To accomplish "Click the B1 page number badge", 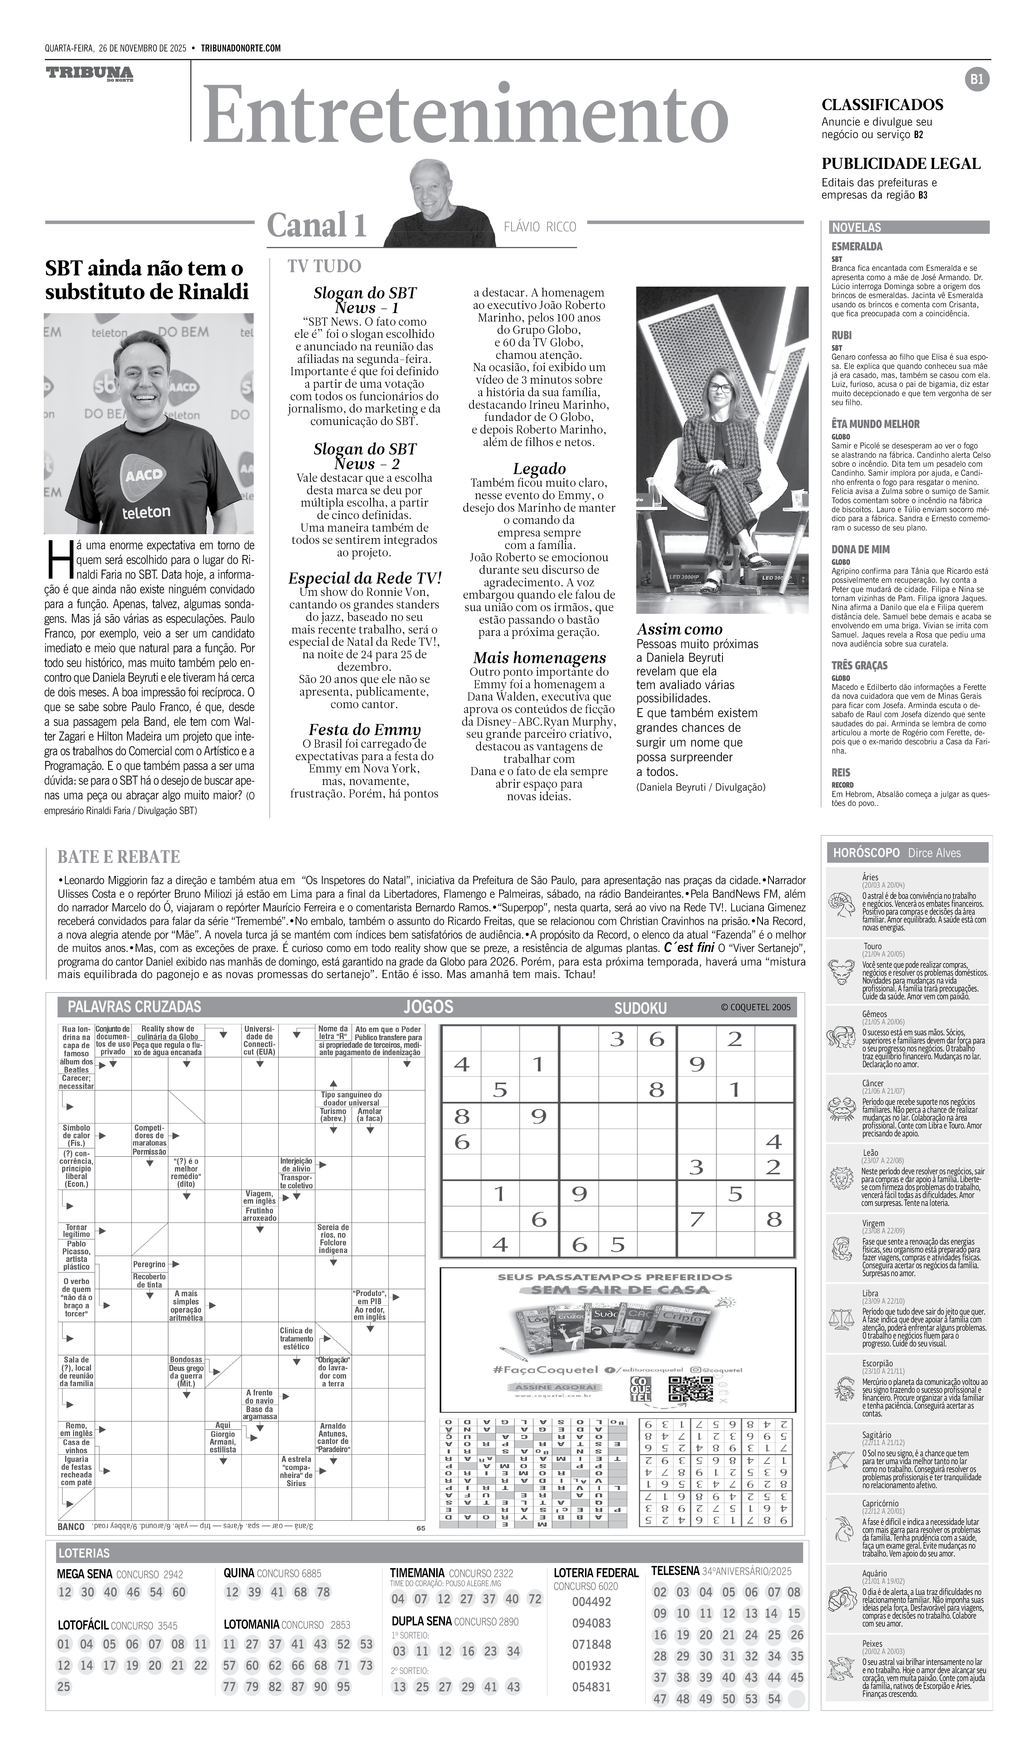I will point(977,79).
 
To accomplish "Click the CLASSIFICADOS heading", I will point(882,105).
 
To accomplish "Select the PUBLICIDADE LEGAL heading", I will point(901,164).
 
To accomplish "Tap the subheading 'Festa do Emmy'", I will point(365,730).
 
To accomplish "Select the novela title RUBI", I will point(841,335).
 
